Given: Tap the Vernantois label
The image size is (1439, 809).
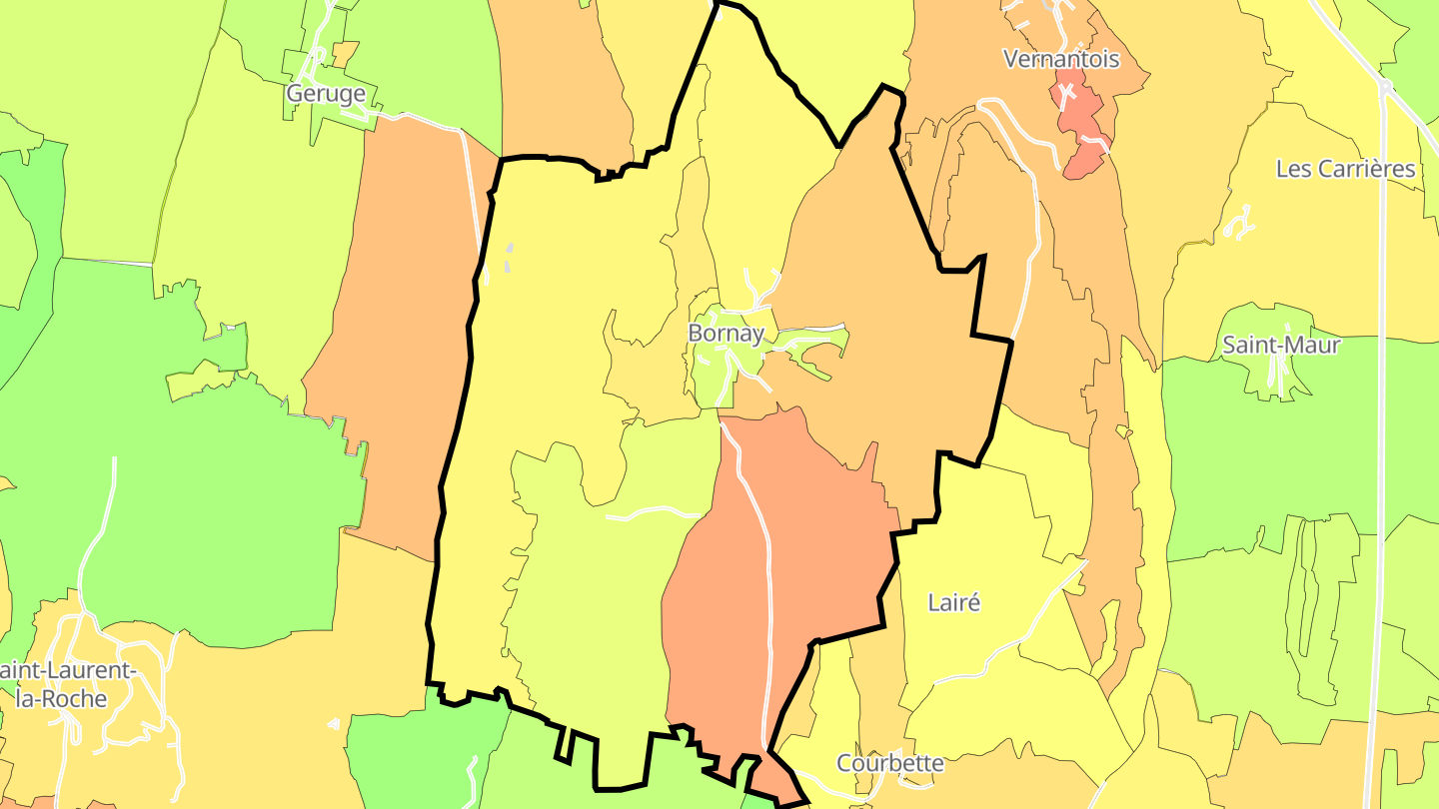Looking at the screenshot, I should pos(1061,59).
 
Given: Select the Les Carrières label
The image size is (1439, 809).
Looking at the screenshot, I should pos(1345,169).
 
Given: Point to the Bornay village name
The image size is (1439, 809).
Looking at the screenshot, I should pos(725,334).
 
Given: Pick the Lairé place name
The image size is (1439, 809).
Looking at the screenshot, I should pos(954,602).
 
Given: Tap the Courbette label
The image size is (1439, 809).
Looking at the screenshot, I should pos(889,764).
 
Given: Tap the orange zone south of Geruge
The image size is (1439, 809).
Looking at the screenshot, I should pos(400,330).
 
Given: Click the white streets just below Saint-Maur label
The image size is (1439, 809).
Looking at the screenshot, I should pos(1276,374).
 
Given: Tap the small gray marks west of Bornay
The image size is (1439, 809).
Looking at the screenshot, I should pos(508,258).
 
